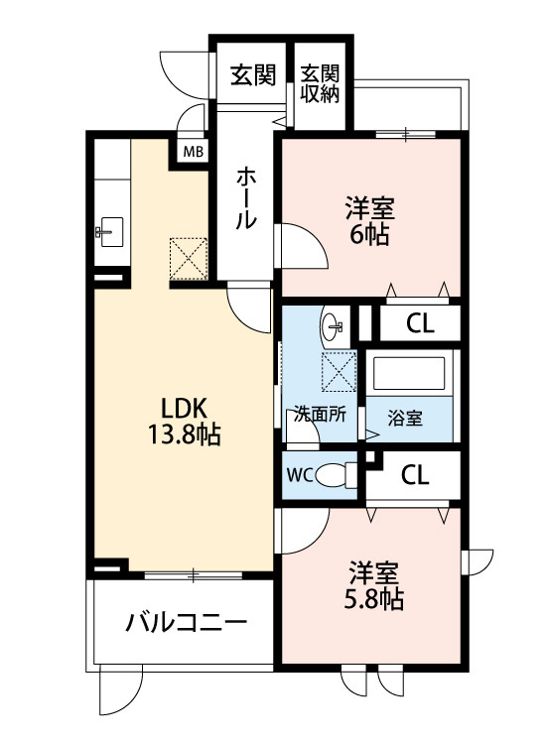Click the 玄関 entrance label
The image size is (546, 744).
(252, 74)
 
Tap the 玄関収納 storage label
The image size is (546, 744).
(321, 84)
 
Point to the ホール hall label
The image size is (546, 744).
(244, 198)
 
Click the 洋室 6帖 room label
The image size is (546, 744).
(369, 221)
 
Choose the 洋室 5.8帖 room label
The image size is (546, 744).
(374, 585)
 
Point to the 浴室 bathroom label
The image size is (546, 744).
(406, 418)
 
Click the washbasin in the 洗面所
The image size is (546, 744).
(334, 324)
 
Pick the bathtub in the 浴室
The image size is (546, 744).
(409, 374)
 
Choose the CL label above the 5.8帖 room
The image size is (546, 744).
(415, 475)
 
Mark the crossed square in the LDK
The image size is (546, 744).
(186, 258)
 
